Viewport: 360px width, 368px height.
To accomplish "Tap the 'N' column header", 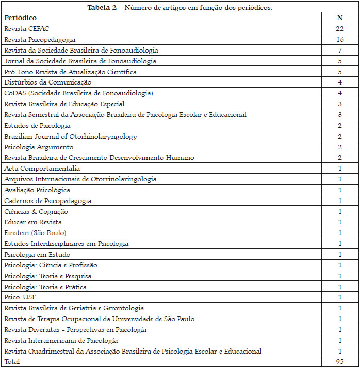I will [340, 18].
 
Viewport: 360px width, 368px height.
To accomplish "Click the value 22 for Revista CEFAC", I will [340, 28].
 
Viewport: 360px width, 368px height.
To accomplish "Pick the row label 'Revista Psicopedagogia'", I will [40, 39].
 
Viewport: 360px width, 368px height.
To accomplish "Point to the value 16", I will [340, 39].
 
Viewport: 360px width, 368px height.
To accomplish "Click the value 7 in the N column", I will [340, 50].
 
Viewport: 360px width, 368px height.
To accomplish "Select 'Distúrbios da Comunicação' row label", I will [48, 82].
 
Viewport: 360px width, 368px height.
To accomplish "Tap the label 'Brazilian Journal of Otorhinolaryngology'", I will [71, 136].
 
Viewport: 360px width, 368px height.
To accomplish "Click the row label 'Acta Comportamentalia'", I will [42, 169].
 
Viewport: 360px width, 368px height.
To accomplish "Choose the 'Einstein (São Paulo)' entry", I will [35, 233].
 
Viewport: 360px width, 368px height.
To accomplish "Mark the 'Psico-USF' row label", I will [20, 297].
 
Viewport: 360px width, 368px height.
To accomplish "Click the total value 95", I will [340, 362].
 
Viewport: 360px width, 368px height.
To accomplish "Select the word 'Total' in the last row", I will [12, 362].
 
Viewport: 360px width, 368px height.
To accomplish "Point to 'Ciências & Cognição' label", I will [36, 211].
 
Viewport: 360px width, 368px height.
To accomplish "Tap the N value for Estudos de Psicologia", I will [340, 125].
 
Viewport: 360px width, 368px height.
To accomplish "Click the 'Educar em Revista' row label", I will [33, 222].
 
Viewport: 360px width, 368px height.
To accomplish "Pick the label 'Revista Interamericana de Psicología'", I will [61, 340].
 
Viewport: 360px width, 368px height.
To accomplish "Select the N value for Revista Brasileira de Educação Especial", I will [340, 104].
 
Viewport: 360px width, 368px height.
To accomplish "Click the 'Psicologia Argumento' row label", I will [39, 147].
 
